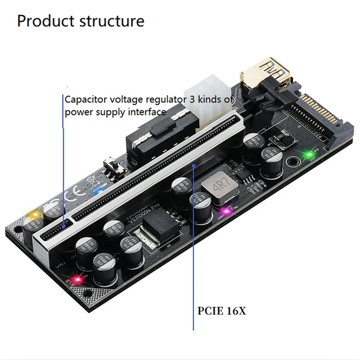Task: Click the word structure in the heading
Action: pyautogui.click(x=111, y=21)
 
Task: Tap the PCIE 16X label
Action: pyautogui.click(x=221, y=311)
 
